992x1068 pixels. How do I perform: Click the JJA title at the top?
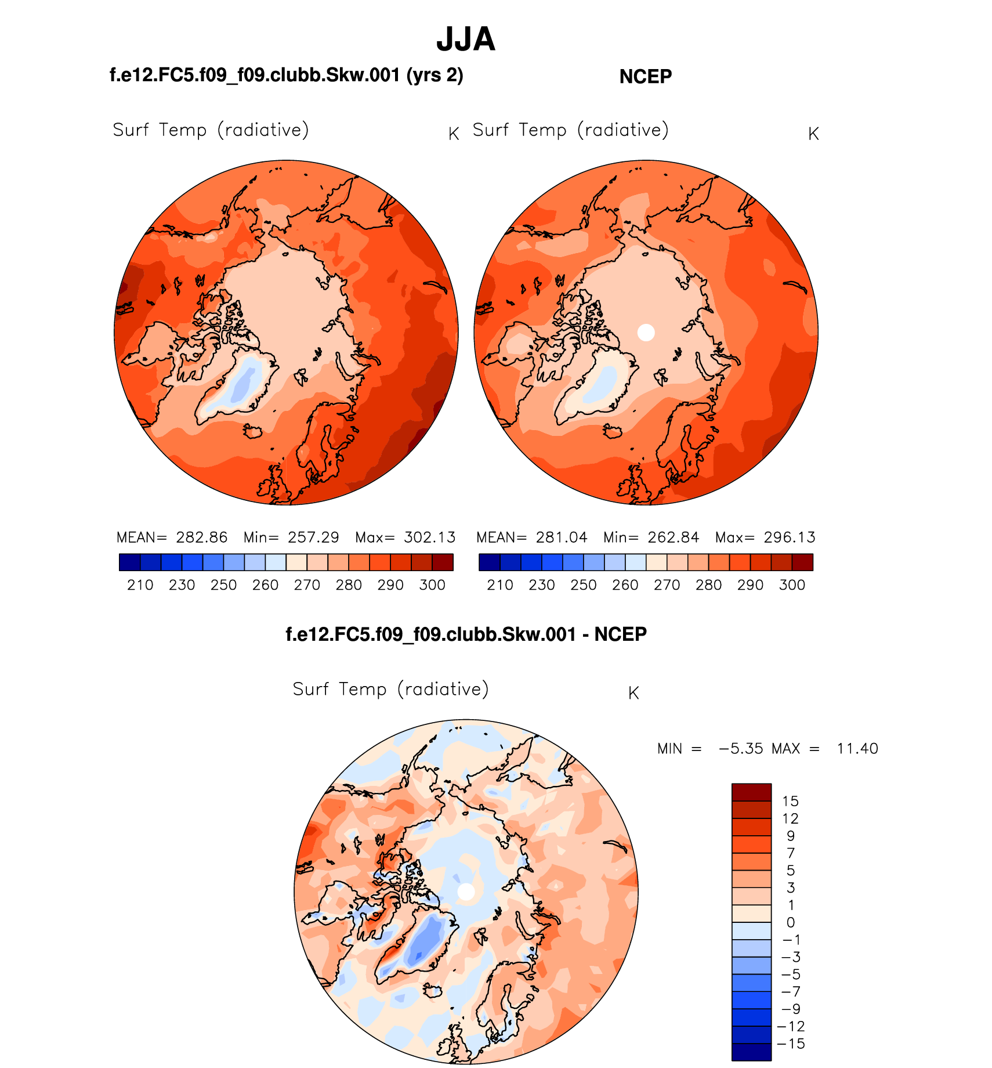pos(466,39)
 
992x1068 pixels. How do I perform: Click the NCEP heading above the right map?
pos(645,77)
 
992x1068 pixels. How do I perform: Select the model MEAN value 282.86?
pos(201,537)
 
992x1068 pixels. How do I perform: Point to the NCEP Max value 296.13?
pos(790,537)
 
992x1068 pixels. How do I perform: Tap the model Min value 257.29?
pos(313,537)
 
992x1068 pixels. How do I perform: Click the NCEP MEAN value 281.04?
pos(561,537)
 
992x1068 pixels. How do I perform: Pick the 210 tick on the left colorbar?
pos(140,585)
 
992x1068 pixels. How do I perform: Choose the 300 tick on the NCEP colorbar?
pos(792,585)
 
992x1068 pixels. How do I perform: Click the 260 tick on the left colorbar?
pos(265,585)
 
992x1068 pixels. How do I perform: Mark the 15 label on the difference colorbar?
pos(790,802)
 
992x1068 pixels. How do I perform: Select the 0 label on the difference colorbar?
pos(790,923)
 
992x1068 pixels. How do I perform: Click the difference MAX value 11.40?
pos(857,749)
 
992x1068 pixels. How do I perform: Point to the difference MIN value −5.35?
pos(741,749)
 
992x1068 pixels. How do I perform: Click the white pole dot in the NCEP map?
pos(646,333)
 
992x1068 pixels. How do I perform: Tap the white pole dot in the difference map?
pos(466,892)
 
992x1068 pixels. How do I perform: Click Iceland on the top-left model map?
pos(253,431)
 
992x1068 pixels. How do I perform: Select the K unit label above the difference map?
pos(633,693)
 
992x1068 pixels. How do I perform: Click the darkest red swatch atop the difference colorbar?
pos(751,792)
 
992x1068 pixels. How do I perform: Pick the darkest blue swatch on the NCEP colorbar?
pos(489,562)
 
